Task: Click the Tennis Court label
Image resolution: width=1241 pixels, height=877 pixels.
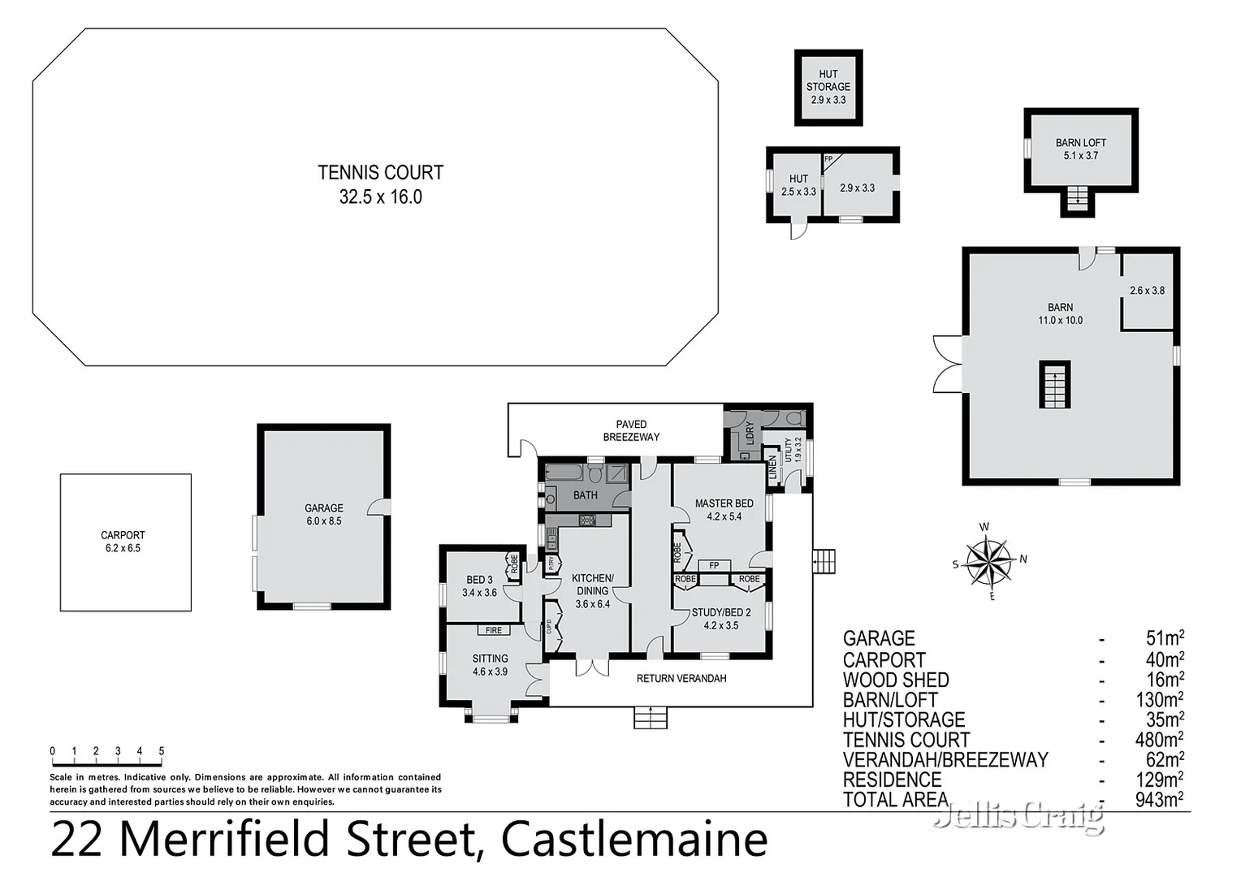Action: pos(380,184)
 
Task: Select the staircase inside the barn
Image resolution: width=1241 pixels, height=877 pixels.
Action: pos(1055,385)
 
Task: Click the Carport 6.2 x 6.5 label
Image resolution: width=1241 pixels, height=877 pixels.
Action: pos(123,542)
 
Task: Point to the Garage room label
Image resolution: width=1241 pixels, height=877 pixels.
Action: pos(324,515)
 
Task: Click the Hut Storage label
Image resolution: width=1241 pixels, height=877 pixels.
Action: pos(828,87)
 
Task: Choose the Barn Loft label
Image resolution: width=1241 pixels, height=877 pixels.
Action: pos(1080,149)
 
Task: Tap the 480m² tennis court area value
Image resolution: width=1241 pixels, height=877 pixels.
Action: pos(1159,740)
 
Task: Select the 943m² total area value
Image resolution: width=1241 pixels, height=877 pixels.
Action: pos(1159,800)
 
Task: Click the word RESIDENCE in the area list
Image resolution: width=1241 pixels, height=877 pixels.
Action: pos(892,780)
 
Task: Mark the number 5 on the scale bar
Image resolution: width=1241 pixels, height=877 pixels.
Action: pos(161,751)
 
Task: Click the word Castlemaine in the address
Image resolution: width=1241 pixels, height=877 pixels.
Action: pos(634,840)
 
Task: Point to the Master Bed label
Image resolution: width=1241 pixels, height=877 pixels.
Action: pos(724,509)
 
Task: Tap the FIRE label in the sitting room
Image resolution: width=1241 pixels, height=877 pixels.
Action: pos(493,630)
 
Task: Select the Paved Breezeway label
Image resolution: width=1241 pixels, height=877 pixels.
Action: pos(631,430)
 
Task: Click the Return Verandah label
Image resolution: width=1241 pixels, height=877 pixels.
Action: pos(681,678)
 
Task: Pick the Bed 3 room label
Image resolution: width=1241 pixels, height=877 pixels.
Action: pos(479,586)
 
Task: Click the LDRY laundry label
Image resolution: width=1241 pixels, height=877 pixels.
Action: pos(750,432)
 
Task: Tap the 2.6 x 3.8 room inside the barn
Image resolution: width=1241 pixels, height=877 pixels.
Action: pos(1147,291)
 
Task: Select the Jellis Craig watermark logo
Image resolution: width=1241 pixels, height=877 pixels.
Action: pos(1018,814)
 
